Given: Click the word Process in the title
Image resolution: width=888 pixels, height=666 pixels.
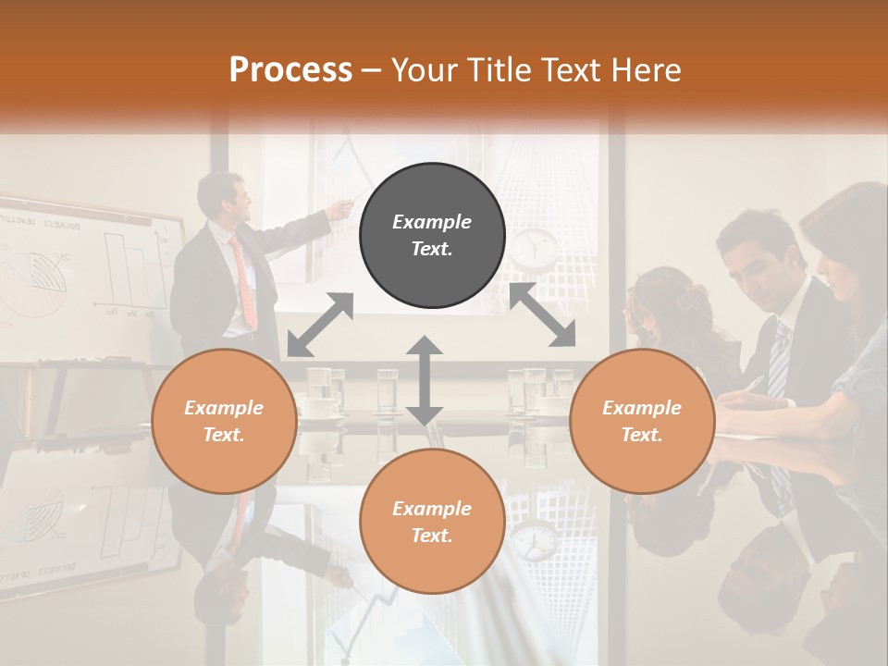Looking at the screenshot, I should pos(290,69).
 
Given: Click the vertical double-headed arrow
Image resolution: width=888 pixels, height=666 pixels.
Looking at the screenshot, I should pos(425,380).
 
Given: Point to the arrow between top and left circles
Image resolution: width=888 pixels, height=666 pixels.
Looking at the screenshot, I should pos(320,325).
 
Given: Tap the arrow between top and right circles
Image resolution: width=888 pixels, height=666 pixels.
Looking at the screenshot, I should pos(542,315).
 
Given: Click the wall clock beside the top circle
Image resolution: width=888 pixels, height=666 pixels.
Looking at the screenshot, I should pos(535,248).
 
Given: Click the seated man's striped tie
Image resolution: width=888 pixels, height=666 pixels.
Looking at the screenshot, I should pos(780,362).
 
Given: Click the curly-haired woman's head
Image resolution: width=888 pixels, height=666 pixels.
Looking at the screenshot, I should pos(659,301).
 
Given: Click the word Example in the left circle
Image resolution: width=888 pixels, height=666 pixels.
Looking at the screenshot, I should pos(224,408).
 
